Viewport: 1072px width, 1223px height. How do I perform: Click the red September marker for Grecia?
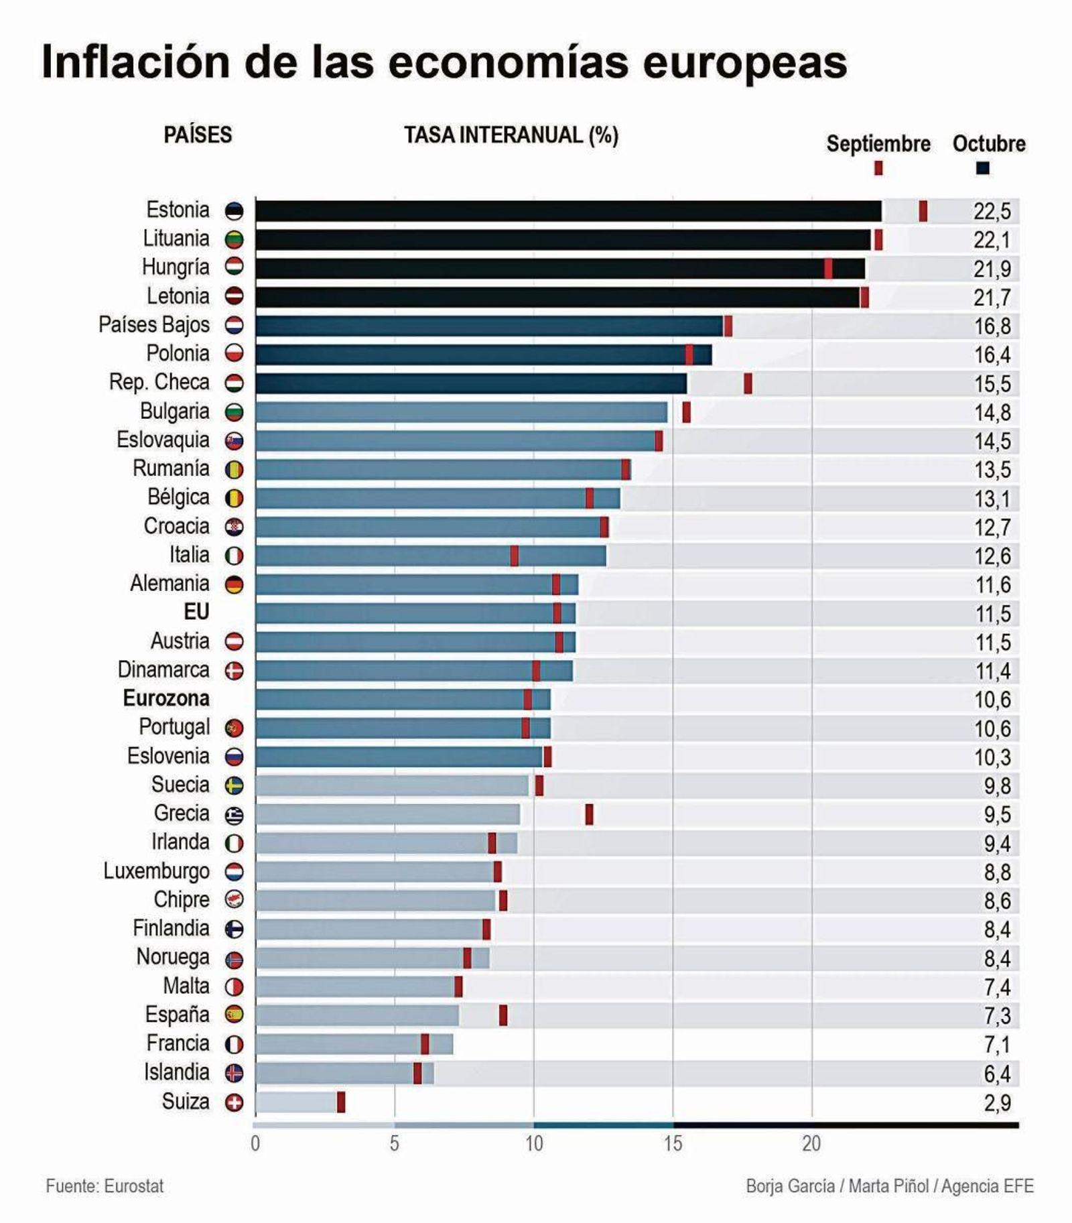point(589,814)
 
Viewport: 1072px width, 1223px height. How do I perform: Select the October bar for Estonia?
point(568,211)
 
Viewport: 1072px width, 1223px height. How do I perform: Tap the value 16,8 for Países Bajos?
point(992,326)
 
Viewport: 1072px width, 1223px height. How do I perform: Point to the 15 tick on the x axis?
point(673,1143)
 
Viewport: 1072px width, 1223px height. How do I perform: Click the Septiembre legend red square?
point(878,168)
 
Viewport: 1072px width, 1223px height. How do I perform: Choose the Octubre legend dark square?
point(982,168)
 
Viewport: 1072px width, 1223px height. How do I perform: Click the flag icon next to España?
point(234,1015)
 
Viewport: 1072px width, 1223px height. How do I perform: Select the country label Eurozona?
point(166,698)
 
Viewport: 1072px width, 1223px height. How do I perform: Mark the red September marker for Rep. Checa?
point(748,383)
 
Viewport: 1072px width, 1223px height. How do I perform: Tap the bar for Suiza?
point(296,1102)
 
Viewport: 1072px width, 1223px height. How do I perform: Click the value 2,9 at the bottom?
point(997,1102)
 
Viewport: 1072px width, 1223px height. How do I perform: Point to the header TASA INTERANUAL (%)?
point(511,135)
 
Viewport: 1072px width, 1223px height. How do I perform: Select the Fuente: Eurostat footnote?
point(105,1186)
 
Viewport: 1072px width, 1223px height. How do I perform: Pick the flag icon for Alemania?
point(234,584)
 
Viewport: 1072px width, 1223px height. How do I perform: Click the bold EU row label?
point(196,612)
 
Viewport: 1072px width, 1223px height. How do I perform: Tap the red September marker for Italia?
point(514,556)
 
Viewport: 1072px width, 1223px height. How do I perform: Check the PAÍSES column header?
point(198,135)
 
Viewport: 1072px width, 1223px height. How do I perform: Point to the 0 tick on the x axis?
point(255,1143)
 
